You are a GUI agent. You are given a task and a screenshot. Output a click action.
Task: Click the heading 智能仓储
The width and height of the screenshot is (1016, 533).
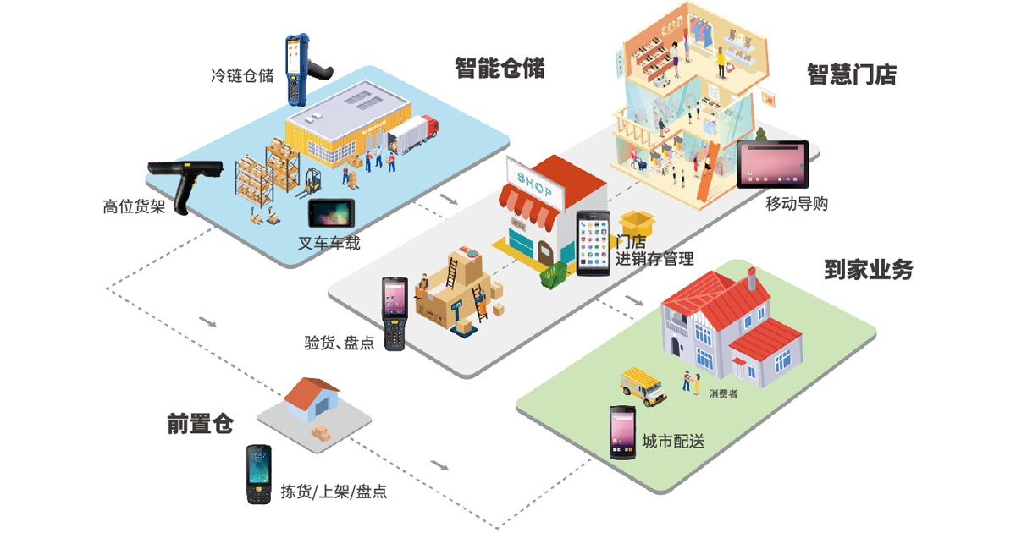500,68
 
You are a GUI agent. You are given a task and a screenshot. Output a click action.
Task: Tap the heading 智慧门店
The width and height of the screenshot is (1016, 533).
851,74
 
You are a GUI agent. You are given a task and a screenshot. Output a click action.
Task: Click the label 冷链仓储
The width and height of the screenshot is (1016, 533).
242,75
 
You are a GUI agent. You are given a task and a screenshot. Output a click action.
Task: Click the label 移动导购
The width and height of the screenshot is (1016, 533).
796,204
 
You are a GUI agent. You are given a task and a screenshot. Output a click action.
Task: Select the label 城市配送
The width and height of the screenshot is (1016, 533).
673,442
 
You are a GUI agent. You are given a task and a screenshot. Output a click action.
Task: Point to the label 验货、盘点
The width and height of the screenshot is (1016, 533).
339,343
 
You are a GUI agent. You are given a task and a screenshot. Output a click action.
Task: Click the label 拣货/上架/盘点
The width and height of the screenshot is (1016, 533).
334,492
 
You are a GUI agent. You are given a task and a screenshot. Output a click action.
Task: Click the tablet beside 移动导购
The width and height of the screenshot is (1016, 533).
773,164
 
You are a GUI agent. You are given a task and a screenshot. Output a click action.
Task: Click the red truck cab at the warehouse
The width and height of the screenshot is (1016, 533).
431,128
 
